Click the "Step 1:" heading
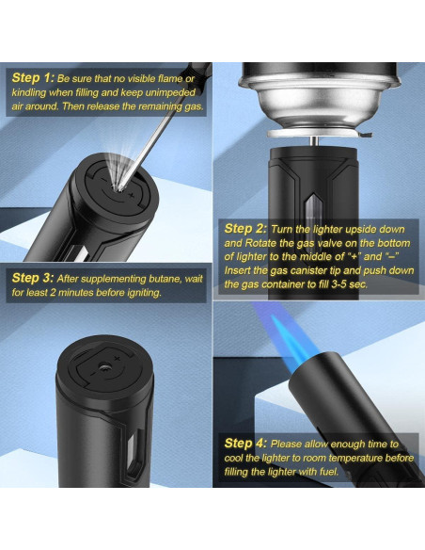[x=33, y=78]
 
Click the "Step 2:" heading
[x=245, y=229]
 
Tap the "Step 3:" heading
[x=33, y=278]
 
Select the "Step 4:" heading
[x=245, y=443]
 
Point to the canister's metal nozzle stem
[x=315, y=141]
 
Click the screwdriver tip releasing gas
[x=121, y=188]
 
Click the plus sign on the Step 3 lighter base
[x=117, y=358]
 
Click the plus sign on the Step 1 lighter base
[x=132, y=194]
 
